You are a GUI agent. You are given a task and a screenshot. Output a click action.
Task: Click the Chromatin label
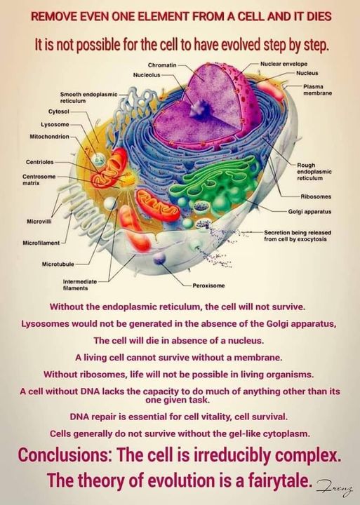pyautogui.click(x=162, y=65)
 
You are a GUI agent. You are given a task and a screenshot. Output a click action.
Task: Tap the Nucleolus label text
pyautogui.click(x=147, y=75)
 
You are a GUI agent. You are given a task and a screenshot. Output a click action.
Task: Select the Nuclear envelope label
pyautogui.click(x=284, y=64)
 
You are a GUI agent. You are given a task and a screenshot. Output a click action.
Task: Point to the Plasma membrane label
pyautogui.click(x=317, y=90)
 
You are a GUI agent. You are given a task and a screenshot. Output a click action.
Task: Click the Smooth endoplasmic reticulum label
pyautogui.click(x=88, y=97)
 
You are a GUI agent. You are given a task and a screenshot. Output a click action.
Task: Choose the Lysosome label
pyautogui.click(x=55, y=124)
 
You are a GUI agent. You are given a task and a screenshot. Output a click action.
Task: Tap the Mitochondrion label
pyautogui.click(x=49, y=137)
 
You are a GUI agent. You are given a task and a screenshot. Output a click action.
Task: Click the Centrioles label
pyautogui.click(x=39, y=162)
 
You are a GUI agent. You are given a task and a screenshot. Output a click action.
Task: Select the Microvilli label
pyautogui.click(x=39, y=222)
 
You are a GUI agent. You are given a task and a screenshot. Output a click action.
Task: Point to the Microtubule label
pyautogui.click(x=58, y=264)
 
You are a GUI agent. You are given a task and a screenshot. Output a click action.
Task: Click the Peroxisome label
pyautogui.click(x=208, y=285)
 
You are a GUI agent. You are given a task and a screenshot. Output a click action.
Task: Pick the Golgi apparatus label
pyautogui.click(x=309, y=212)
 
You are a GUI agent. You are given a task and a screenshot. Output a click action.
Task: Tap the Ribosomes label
pyautogui.click(x=316, y=196)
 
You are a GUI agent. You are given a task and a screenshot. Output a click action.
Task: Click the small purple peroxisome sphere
pyautogui.click(x=159, y=258)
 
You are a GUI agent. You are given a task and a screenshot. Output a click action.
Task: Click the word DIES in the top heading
pyautogui.click(x=316, y=16)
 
